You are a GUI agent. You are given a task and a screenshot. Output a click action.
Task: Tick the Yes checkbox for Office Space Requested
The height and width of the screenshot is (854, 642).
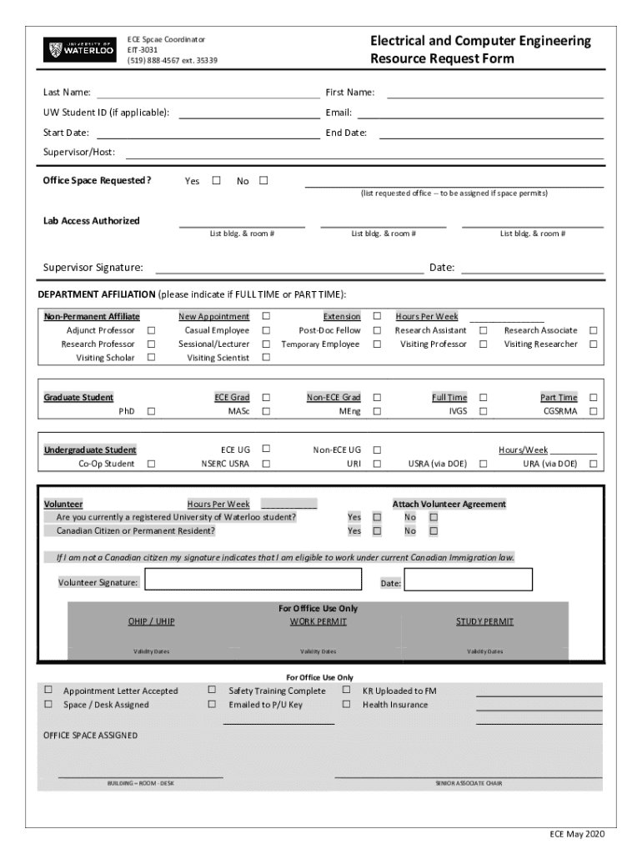(x=217, y=180)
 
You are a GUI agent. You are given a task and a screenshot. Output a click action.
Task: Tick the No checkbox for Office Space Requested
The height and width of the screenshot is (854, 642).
(x=264, y=180)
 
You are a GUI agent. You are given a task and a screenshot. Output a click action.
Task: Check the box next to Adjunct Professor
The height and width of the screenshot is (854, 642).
(x=152, y=330)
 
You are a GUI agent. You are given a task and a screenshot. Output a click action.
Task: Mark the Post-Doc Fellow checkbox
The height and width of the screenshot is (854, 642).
(x=377, y=330)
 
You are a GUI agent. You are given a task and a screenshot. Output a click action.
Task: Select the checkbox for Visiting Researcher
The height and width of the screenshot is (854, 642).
(x=594, y=344)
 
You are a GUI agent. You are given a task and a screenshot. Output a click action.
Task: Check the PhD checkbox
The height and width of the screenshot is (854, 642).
(x=152, y=411)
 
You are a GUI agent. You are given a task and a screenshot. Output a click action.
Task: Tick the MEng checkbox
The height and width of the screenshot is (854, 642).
(x=377, y=411)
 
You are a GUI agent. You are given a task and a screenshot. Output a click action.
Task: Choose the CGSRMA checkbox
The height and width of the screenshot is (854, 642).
(x=594, y=411)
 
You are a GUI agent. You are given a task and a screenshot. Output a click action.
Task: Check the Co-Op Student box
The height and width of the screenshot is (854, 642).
(x=152, y=464)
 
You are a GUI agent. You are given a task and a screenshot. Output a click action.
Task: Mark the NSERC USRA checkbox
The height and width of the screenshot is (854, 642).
(x=266, y=464)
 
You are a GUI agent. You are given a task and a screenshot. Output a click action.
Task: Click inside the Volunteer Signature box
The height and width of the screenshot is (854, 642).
(x=253, y=580)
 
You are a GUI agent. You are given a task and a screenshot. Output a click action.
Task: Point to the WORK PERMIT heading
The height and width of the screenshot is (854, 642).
(x=318, y=621)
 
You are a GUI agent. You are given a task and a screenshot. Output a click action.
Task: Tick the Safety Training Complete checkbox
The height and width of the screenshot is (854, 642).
(x=212, y=690)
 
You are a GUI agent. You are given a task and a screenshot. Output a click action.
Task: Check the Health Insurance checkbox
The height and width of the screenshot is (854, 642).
(x=346, y=704)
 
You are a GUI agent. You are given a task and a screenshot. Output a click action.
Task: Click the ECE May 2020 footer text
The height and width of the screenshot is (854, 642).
(x=576, y=834)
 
